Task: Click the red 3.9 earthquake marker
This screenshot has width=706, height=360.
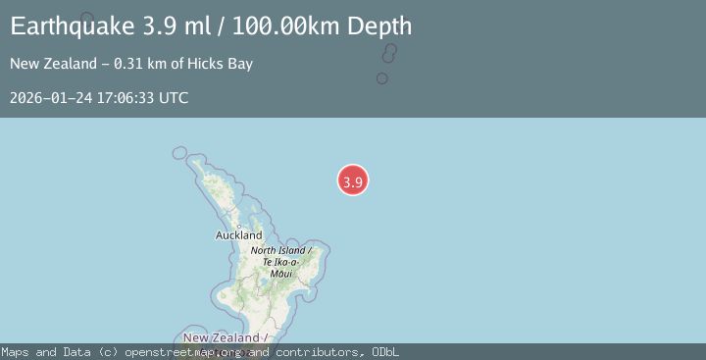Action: [x=353, y=180]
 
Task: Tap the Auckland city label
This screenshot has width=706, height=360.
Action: [x=238, y=235]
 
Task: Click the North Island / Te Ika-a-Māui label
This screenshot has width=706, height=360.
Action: [x=281, y=262]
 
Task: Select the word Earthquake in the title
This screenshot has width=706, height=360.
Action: [x=67, y=26]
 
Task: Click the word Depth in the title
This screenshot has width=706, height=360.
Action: [x=378, y=26]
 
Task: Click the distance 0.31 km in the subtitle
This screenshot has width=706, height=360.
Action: [x=141, y=64]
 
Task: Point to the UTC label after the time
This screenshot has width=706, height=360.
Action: [x=174, y=98]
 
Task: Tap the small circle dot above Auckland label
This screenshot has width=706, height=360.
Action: [x=238, y=226]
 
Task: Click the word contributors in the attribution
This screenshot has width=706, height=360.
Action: [x=320, y=352]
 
